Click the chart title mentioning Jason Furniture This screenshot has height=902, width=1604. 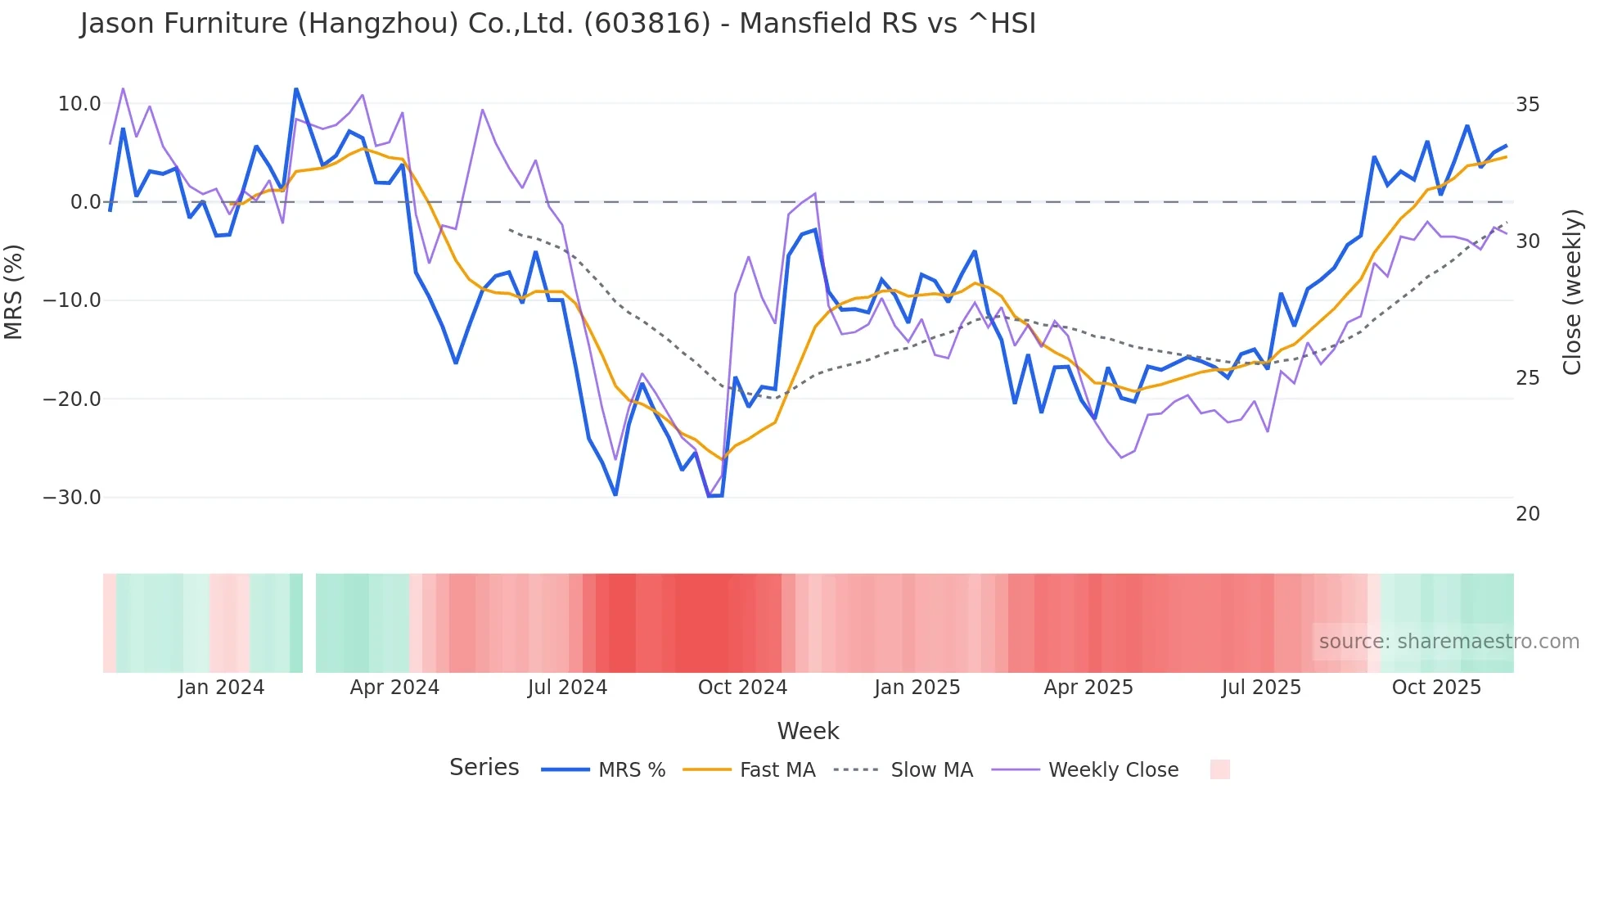point(557,24)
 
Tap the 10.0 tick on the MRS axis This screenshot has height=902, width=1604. point(79,104)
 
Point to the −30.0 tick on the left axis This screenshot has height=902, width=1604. point(72,498)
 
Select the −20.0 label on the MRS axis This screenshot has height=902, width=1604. point(72,399)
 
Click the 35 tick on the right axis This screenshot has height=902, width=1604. point(1528,105)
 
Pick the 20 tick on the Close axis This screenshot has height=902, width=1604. point(1528,514)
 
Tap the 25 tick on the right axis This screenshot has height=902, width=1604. point(1528,378)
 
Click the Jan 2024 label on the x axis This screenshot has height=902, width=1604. point(221,688)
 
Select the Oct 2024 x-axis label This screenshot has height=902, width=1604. point(742,688)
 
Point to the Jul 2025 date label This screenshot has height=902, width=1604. point(1261,688)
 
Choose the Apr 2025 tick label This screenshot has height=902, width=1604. point(1088,688)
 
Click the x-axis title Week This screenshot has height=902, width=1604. point(808,731)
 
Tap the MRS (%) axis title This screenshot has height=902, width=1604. point(14,291)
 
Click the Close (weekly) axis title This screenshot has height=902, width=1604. point(1572,292)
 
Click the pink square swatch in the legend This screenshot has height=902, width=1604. point(1219,769)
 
